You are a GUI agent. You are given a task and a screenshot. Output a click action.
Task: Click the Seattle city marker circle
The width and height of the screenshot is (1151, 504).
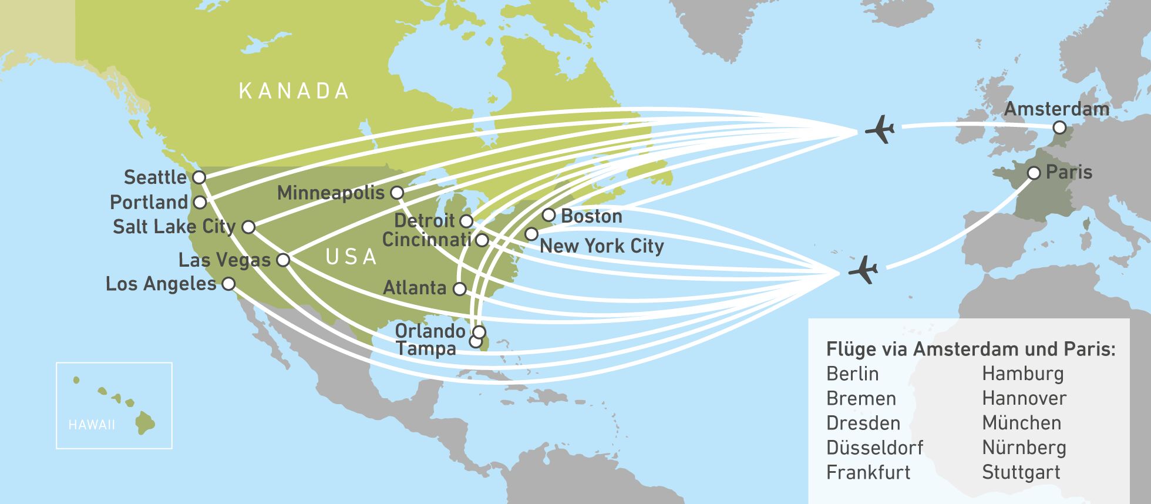point(199,177)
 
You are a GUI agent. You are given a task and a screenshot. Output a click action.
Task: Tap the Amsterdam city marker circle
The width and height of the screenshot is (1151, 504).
point(1059,127)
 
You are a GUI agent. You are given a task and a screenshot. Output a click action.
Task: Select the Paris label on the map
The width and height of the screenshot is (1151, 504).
point(1069,172)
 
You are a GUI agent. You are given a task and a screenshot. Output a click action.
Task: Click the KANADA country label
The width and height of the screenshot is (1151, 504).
point(294,91)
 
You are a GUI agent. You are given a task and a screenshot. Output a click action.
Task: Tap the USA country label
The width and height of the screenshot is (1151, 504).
point(351,257)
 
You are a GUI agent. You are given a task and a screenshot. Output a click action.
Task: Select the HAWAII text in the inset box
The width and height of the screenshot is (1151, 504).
point(92,425)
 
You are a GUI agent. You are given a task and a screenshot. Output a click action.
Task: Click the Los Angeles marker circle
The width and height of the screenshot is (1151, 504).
point(228,284)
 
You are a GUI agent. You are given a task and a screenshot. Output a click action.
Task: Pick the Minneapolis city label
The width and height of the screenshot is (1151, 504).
point(331,193)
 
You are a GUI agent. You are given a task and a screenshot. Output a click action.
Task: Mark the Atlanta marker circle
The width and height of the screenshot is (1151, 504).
point(460,289)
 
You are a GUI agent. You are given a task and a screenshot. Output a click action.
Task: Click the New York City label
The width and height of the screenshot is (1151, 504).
point(601,246)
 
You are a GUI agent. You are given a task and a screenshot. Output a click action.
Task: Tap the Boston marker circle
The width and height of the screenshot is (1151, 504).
point(548,214)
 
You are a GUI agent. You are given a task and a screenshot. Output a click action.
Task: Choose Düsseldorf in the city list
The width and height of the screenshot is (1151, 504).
point(874,448)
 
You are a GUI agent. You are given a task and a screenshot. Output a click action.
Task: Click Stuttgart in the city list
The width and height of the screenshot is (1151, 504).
point(1021,472)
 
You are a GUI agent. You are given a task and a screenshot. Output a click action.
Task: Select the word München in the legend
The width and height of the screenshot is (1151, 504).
point(1021,423)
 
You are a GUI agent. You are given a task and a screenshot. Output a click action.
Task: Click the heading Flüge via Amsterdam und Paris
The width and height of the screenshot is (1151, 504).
point(970,349)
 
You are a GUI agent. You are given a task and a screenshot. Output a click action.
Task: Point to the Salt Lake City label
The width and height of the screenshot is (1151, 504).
point(174,226)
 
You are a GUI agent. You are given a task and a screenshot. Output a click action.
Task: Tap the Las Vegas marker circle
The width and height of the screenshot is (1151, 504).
point(283,260)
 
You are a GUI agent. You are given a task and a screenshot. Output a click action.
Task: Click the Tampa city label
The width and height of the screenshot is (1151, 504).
point(426,348)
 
